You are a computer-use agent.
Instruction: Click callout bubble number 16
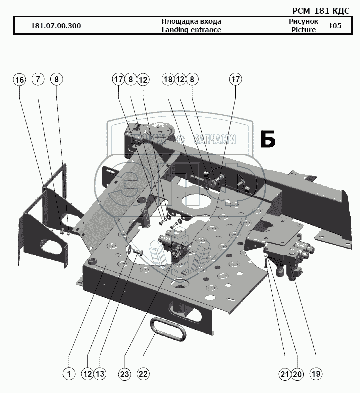click(x=19, y=79)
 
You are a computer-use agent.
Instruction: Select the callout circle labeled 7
click(x=38, y=79)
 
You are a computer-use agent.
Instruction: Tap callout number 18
click(x=167, y=79)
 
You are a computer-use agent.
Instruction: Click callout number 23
click(x=125, y=373)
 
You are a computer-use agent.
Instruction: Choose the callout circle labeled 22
click(x=144, y=373)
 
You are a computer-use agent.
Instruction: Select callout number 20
click(x=297, y=373)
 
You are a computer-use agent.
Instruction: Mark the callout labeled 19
click(x=316, y=373)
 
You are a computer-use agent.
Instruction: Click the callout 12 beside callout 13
click(x=88, y=373)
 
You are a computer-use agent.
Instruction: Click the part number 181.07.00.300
click(x=56, y=26)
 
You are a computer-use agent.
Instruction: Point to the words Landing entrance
click(x=191, y=30)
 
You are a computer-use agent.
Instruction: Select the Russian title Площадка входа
click(x=191, y=21)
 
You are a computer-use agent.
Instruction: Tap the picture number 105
click(x=335, y=26)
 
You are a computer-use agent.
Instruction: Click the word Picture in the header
click(x=303, y=30)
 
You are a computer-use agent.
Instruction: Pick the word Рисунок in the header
click(x=303, y=21)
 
